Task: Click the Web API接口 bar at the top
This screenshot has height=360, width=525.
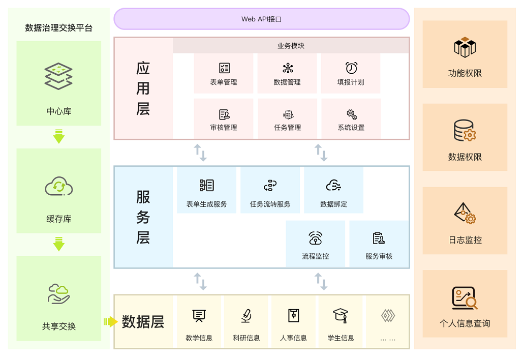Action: (261, 19)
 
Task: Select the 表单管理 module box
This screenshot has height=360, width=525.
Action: (224, 74)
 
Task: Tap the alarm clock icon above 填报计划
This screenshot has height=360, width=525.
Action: (351, 68)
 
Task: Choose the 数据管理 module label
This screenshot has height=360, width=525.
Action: (287, 82)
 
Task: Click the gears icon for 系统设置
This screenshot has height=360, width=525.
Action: (351, 114)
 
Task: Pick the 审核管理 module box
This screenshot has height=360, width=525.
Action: (224, 119)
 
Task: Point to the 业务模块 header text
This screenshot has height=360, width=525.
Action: (291, 46)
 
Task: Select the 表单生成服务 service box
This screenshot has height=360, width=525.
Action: (207, 190)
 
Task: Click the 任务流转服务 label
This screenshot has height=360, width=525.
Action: (270, 204)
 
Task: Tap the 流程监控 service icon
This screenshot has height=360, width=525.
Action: (316, 238)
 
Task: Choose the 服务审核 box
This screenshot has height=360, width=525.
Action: (379, 244)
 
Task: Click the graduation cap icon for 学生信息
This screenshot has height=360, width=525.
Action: (341, 316)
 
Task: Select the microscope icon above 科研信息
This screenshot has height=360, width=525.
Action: (246, 316)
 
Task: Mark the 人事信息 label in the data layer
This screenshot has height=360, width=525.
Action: (293, 338)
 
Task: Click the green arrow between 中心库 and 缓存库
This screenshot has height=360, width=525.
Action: (59, 137)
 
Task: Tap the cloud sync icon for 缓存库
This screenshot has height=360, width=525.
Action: (59, 187)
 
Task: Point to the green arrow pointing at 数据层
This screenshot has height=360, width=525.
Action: (110, 321)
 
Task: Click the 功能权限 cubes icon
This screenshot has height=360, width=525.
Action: (465, 47)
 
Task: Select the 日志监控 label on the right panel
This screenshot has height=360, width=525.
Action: (465, 240)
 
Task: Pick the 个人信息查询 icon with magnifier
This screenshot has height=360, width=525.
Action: (465, 298)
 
